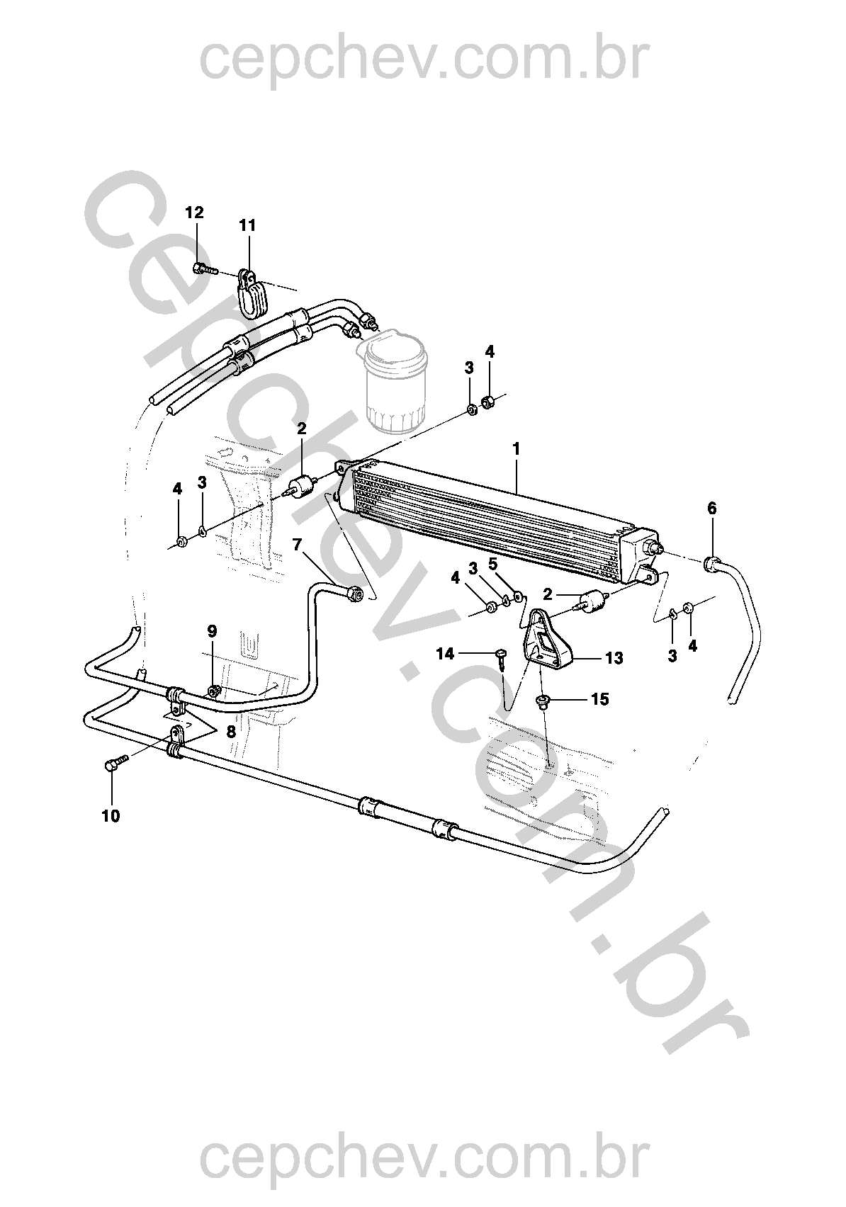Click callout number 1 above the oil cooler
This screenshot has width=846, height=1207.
[517, 449]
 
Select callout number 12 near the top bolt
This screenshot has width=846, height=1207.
[195, 212]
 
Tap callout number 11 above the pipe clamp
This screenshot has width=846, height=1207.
[247, 225]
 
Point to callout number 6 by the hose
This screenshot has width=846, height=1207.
[712, 508]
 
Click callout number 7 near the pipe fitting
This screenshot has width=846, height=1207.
[297, 545]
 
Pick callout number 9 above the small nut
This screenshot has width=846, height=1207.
[212, 631]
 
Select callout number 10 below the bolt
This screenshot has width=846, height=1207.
[111, 816]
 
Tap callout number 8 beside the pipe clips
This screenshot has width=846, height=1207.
[231, 731]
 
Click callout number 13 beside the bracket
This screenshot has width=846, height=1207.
[614, 658]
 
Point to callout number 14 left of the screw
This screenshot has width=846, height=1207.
[445, 654]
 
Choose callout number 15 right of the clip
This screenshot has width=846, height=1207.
[599, 699]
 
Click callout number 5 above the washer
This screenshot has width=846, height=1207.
[492, 564]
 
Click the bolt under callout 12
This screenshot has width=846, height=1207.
[205, 268]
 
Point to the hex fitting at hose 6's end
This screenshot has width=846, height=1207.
[712, 564]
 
